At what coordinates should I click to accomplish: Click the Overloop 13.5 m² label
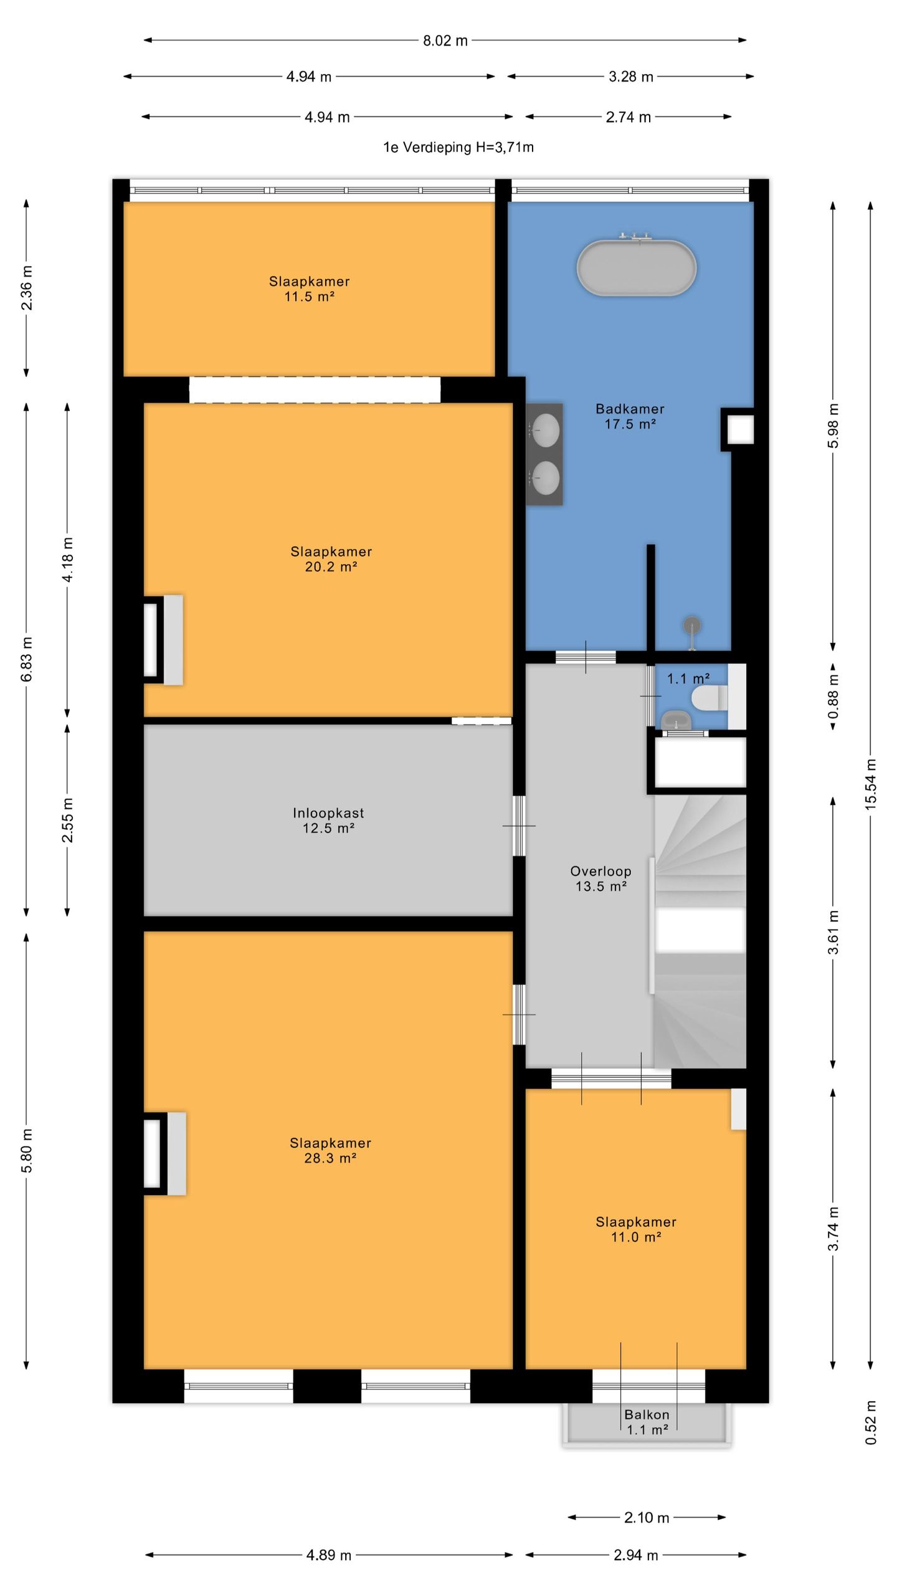600,878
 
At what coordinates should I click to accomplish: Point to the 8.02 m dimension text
445,41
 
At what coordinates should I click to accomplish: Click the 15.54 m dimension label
871,784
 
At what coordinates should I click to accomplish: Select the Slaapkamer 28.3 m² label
330,1151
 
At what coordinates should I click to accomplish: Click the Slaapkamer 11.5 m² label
309,289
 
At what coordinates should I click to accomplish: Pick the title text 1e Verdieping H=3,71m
458,147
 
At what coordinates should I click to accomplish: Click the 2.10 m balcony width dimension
647,1518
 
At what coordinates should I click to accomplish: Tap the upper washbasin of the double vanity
546,430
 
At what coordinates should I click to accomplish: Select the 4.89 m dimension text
329,1555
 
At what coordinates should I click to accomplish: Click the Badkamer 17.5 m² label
630,416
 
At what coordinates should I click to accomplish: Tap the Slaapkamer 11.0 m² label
636,1230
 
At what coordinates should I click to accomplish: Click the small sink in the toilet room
676,720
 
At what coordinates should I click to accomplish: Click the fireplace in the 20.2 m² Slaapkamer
163,640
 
